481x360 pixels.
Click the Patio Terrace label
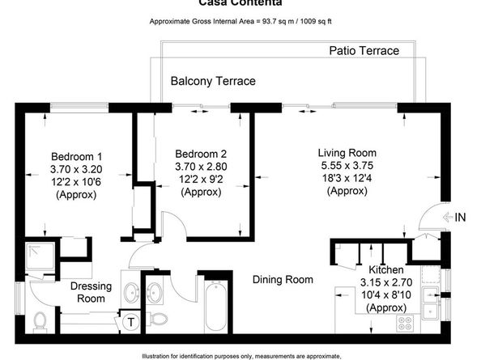(364, 51)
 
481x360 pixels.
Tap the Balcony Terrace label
(213, 81)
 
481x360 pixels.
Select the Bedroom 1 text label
(76, 156)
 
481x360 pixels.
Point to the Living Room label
(347, 152)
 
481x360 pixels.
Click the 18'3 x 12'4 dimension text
(347, 178)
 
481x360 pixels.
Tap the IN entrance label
(460, 217)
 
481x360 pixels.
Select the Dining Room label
(282, 280)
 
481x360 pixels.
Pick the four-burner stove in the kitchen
(404, 322)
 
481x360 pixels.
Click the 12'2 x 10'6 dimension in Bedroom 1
(76, 182)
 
